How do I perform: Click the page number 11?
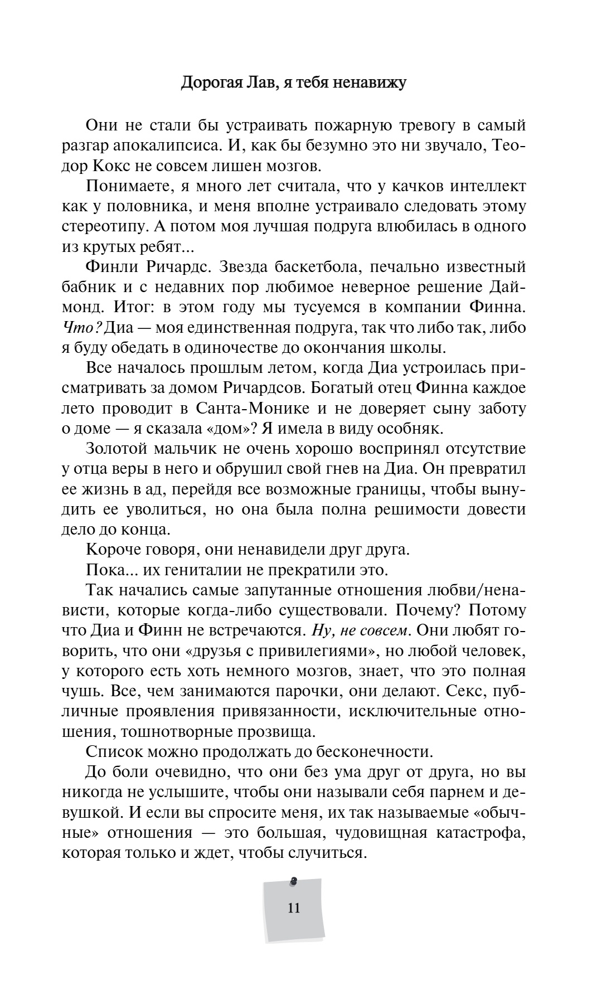tap(294, 908)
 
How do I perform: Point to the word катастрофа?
tap(481, 832)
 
